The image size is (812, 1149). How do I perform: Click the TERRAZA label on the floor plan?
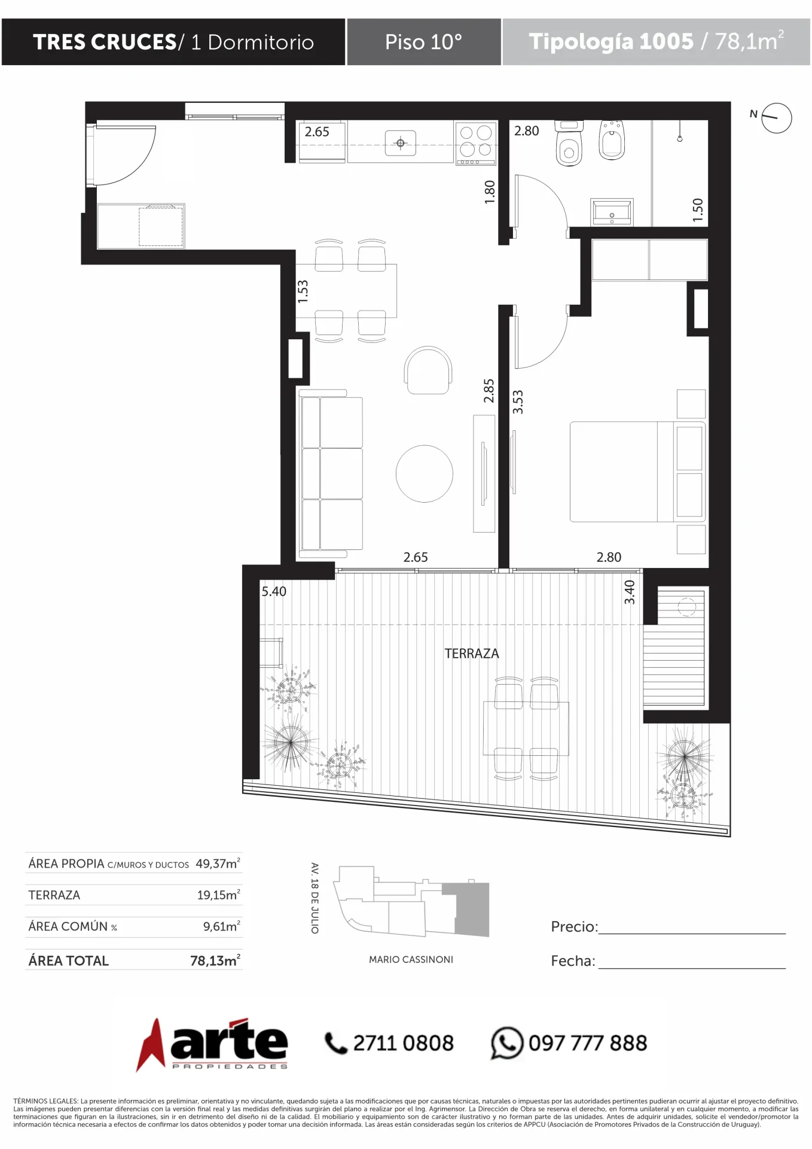tap(471, 653)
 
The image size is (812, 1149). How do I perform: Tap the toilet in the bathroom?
tap(569, 143)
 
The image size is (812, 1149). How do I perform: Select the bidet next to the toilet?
tap(612, 140)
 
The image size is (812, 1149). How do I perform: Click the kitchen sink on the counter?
tap(401, 143)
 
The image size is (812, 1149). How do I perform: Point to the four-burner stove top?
tap(476, 143)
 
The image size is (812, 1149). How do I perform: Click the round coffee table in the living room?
tap(425, 473)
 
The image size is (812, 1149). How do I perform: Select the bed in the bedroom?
tap(637, 472)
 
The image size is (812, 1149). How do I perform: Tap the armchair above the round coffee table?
tap(428, 370)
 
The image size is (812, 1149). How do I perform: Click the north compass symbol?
tap(776, 117)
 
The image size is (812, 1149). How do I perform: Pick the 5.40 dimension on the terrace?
tap(274, 591)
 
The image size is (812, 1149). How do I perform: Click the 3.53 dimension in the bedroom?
tap(518, 402)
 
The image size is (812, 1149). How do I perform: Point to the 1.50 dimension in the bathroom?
tap(697, 210)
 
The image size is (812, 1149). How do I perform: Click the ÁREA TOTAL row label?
tap(69, 960)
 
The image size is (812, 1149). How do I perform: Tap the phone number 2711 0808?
tap(403, 1043)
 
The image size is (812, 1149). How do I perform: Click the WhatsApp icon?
tap(507, 1043)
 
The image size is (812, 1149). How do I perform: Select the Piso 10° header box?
tap(424, 42)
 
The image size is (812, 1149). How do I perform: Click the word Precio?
tap(573, 926)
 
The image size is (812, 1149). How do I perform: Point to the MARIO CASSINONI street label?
tap(411, 959)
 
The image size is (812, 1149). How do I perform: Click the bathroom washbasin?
tap(612, 212)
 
